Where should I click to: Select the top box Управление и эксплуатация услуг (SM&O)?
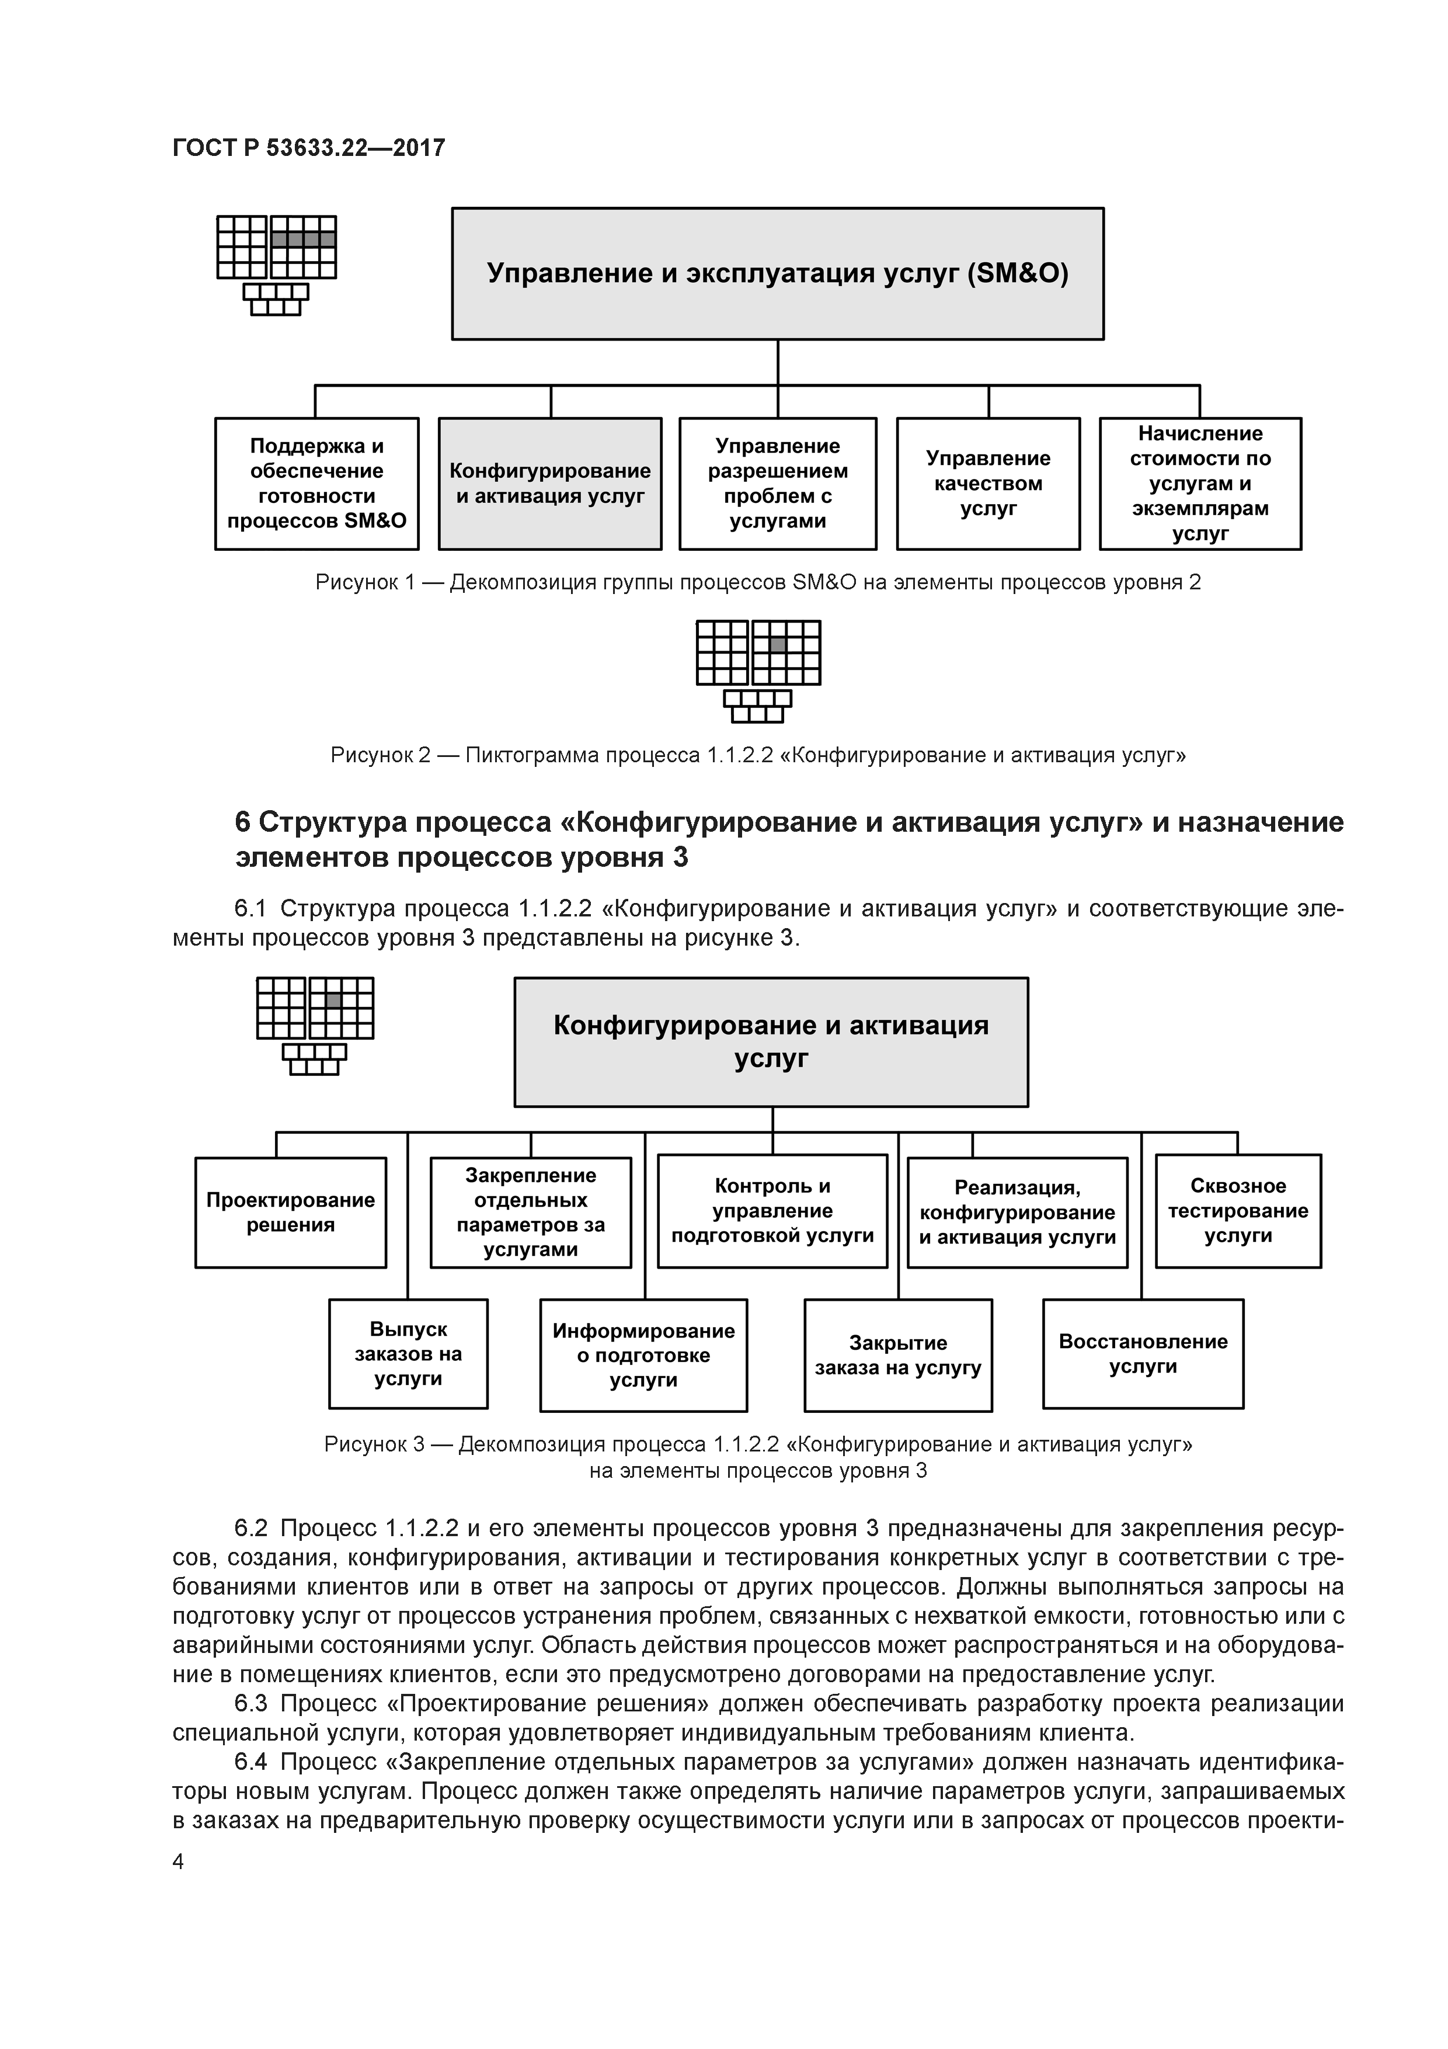click(x=777, y=273)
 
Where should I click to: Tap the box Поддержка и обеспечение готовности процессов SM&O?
click(x=316, y=484)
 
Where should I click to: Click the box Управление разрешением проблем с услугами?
click(x=777, y=484)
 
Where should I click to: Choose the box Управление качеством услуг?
click(x=988, y=484)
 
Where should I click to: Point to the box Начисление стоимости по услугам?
click(x=1199, y=484)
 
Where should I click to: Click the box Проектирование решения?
click(x=291, y=1212)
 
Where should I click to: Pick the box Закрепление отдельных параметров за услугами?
click(x=530, y=1212)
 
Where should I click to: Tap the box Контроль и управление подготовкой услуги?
click(x=772, y=1211)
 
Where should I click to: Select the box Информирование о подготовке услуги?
click(x=643, y=1356)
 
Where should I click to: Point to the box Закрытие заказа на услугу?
click(x=897, y=1356)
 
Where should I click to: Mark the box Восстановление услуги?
click(x=1143, y=1354)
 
